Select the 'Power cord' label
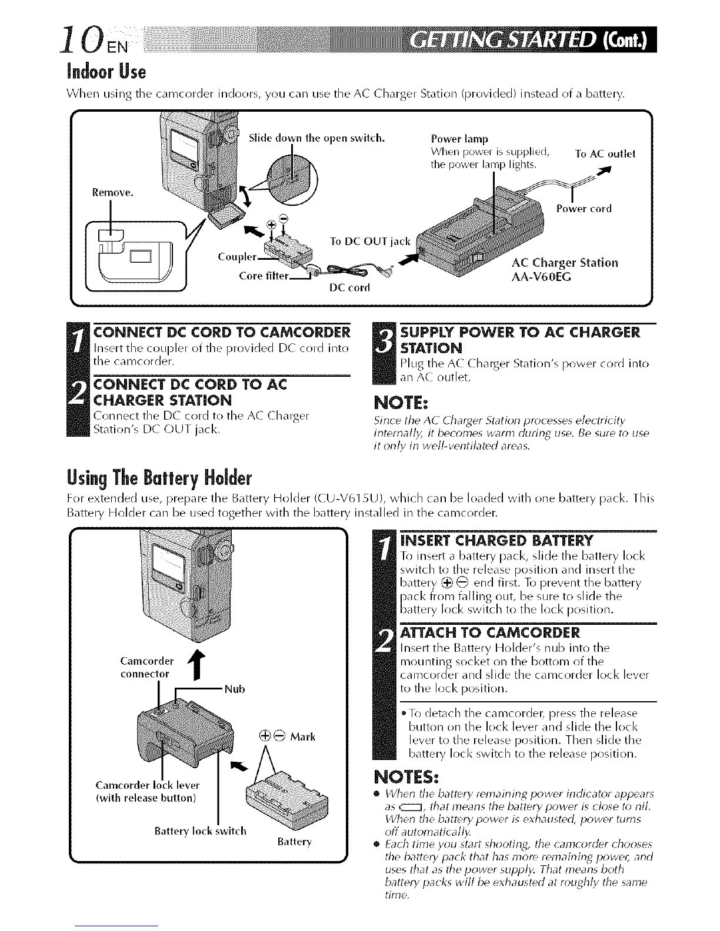(x=584, y=208)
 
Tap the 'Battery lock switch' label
(x=200, y=831)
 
